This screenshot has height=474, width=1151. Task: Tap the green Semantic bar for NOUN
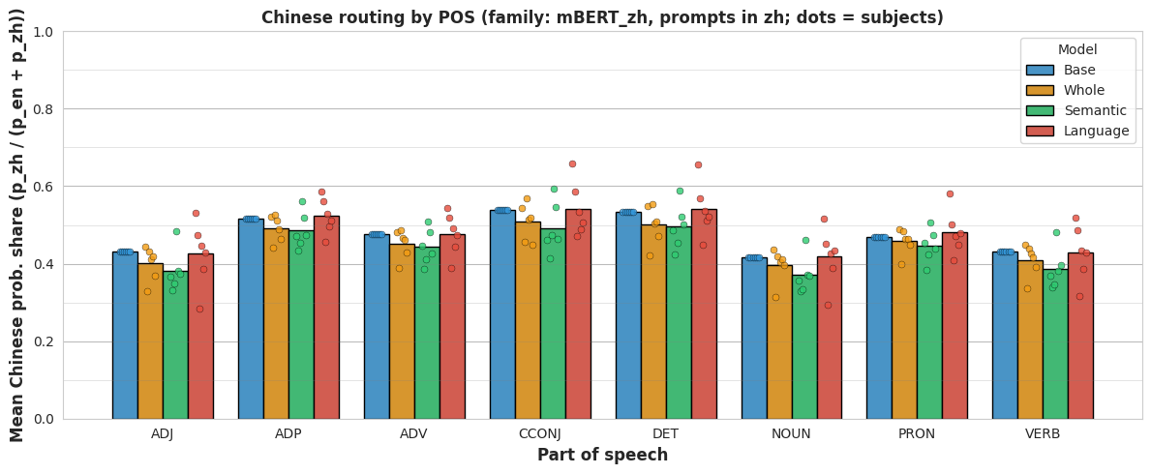pyautogui.click(x=804, y=347)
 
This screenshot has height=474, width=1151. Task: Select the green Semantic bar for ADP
pyautogui.click(x=302, y=325)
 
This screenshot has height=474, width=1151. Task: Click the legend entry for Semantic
pyautogui.click(x=1076, y=111)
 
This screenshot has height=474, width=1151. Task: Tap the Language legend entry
pyautogui.click(x=1077, y=132)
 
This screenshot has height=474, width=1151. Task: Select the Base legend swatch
pyautogui.click(x=1040, y=71)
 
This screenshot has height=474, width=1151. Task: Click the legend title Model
pyautogui.click(x=1076, y=50)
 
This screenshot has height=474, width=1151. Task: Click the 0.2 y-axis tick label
pyautogui.click(x=45, y=341)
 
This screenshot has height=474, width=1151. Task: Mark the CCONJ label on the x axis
pyautogui.click(x=540, y=433)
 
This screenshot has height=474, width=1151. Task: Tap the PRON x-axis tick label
pyautogui.click(x=917, y=433)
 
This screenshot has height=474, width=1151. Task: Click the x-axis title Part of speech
pyautogui.click(x=603, y=455)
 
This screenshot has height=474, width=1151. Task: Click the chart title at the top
pyautogui.click(x=603, y=16)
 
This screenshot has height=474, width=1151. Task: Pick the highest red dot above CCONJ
pyautogui.click(x=572, y=163)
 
